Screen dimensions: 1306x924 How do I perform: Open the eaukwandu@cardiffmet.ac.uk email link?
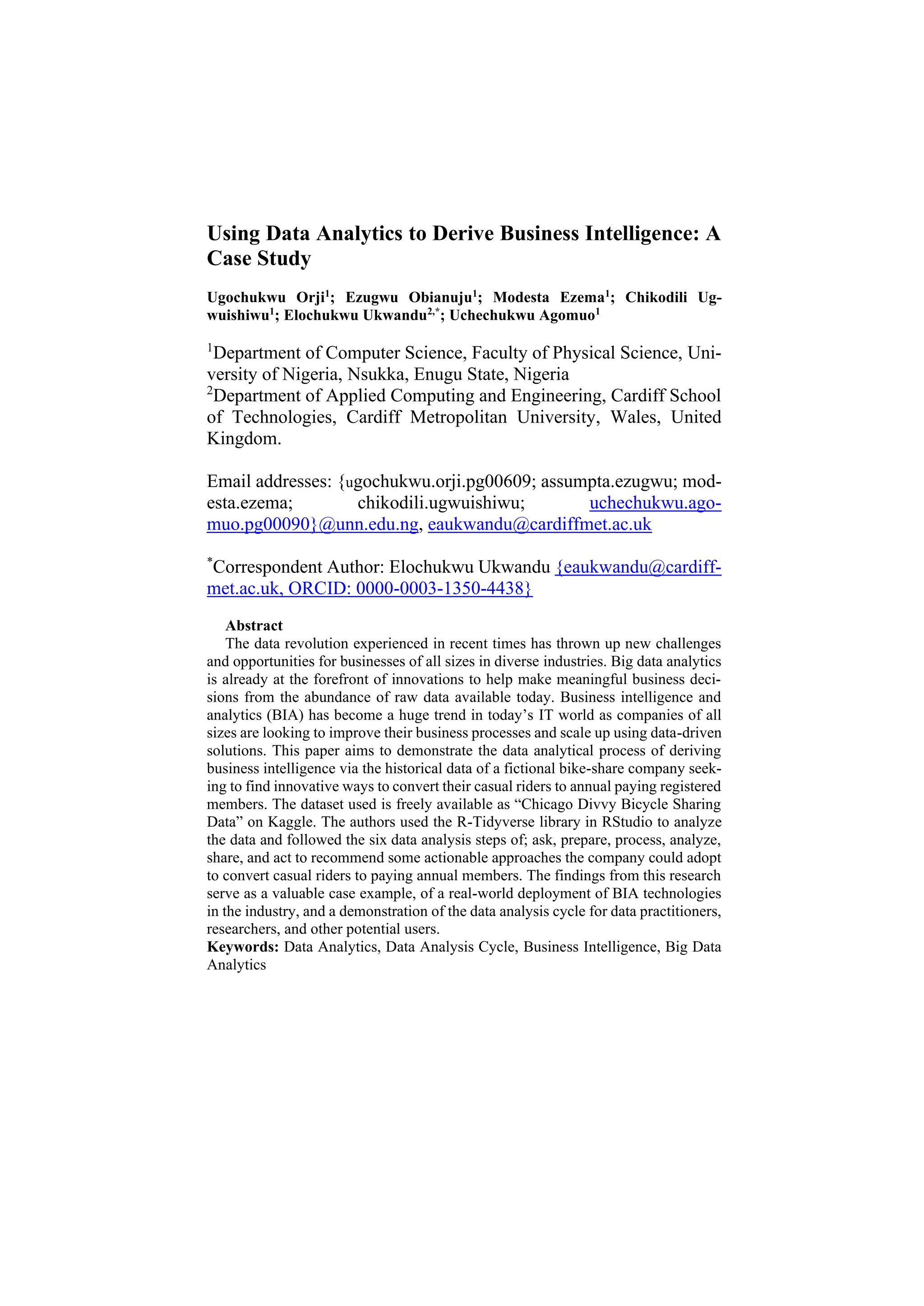(540, 524)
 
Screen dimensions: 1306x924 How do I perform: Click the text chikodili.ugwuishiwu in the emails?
(441, 503)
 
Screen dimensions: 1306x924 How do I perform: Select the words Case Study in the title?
(259, 258)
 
